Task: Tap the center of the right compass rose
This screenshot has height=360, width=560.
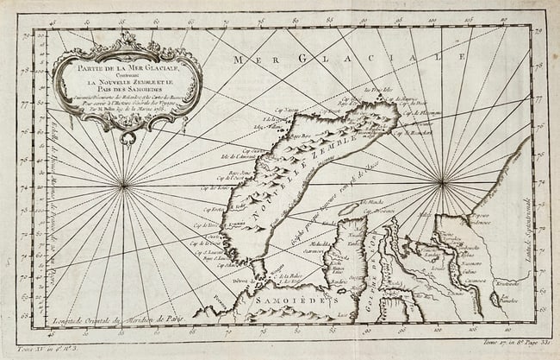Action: point(442,181)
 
